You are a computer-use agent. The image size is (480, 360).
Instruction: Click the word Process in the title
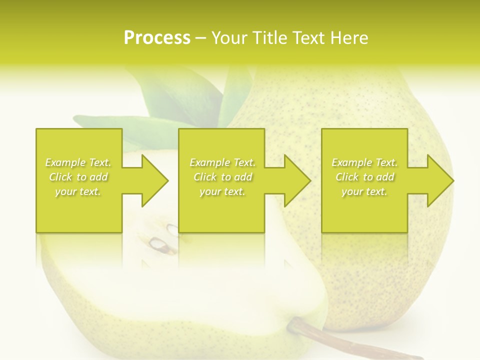(x=157, y=37)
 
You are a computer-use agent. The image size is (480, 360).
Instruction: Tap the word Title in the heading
(x=269, y=37)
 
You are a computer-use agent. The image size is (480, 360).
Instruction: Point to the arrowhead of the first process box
(x=154, y=180)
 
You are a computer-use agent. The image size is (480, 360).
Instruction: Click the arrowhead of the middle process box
(x=297, y=180)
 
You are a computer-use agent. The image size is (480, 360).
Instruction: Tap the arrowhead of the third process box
(x=440, y=180)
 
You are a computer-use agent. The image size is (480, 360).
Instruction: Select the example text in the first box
(x=78, y=177)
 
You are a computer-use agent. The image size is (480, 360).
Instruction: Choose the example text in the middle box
(x=222, y=177)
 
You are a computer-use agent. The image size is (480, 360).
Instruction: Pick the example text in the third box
(x=364, y=177)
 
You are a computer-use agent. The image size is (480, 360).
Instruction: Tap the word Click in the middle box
(x=204, y=177)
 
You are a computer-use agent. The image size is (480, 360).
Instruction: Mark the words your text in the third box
(x=364, y=191)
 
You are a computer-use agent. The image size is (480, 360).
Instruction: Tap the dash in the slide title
(x=201, y=38)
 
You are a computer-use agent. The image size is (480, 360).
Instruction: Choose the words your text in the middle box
(x=222, y=191)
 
